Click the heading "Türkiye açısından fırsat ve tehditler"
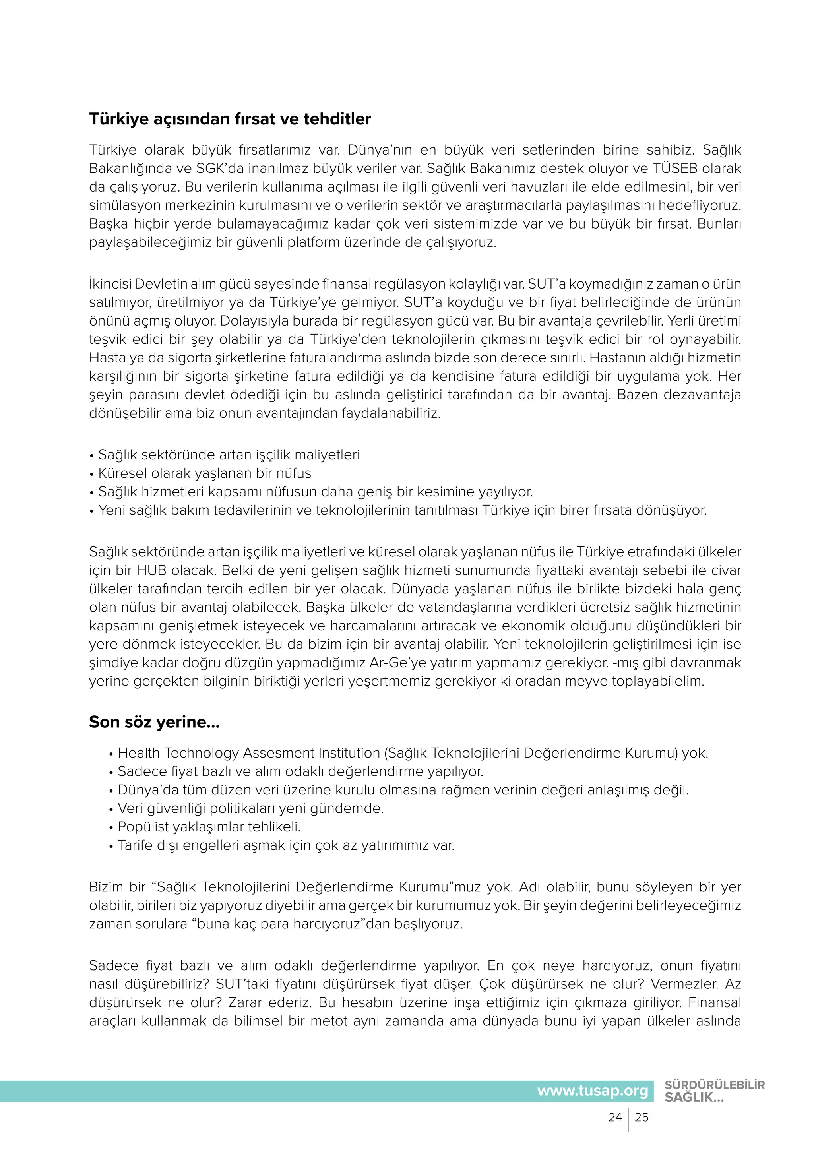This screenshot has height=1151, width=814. point(230,119)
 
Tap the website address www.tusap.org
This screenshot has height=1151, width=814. point(593,1091)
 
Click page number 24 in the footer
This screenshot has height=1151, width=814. point(615,1117)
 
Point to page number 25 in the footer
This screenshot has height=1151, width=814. point(642,1117)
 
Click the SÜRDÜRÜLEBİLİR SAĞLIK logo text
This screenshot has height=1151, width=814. point(714,1091)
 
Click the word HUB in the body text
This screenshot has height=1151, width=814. point(149,570)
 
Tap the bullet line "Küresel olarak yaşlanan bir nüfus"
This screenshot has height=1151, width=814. point(205,473)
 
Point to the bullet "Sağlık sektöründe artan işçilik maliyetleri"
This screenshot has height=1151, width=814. point(229,455)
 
